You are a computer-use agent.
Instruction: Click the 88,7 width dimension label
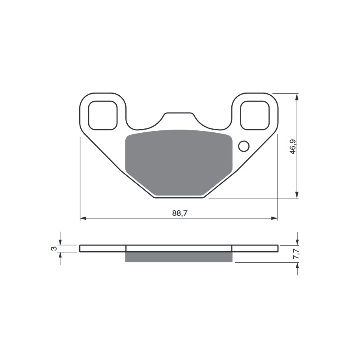(x=179, y=213)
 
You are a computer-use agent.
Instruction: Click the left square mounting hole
(x=103, y=115)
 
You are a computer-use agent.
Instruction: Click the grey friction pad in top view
(x=178, y=161)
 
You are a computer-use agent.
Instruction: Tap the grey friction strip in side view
(x=179, y=257)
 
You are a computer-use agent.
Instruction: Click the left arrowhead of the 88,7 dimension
(x=83, y=218)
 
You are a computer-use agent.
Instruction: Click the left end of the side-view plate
(x=81, y=248)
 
